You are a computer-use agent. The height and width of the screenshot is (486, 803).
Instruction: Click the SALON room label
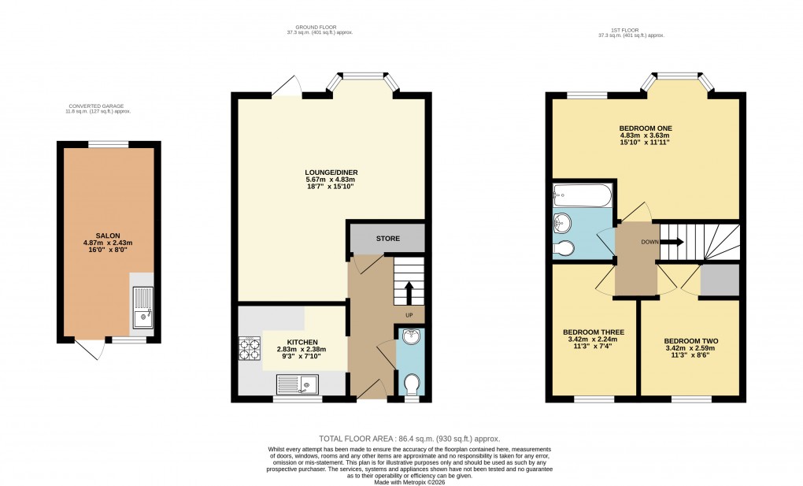[x=108, y=236]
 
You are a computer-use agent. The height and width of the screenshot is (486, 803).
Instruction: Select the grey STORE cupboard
[x=387, y=238]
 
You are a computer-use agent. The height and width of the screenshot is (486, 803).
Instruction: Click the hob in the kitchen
[x=250, y=348]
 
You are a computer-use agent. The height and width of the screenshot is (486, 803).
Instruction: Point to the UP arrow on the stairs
[x=409, y=295]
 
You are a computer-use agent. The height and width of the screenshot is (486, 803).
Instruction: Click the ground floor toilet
[x=410, y=385]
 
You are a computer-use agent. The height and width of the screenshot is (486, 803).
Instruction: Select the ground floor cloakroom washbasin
[x=410, y=338]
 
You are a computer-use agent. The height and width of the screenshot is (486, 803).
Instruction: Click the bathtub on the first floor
[x=581, y=194]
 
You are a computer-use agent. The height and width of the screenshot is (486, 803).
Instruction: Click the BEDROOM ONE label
[x=645, y=128]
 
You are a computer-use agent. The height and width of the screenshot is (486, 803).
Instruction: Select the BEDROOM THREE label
[x=593, y=332]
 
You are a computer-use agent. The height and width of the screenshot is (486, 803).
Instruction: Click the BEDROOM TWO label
[x=690, y=341]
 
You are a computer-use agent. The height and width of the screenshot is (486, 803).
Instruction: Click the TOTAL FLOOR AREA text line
[x=409, y=439]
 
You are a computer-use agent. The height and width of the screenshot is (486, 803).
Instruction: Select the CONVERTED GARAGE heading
[x=96, y=106]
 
